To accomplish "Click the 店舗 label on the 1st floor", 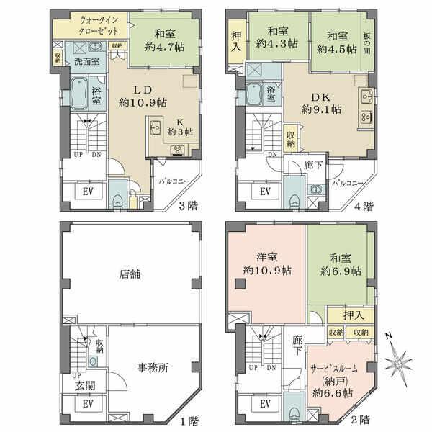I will pyautogui.click(x=130, y=274).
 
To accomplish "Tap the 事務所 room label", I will pyautogui.click(x=153, y=367).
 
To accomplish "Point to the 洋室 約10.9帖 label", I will pyautogui.click(x=266, y=264).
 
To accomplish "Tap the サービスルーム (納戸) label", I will pyautogui.click(x=333, y=379).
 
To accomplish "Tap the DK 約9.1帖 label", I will pyautogui.click(x=319, y=103).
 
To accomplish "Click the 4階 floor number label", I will pyautogui.click(x=364, y=206).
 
